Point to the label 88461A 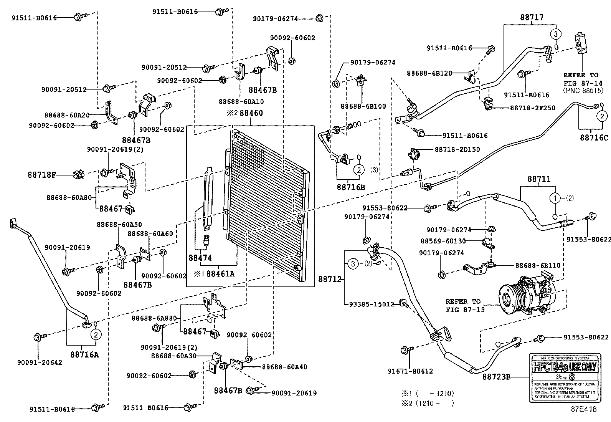point(220,274)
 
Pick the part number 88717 point(532,18)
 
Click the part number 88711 point(538,179)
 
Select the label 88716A point(84,354)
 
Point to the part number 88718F point(42,175)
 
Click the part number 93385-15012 point(372,304)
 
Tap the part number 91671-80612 point(410,371)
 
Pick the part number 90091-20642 point(40,362)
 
